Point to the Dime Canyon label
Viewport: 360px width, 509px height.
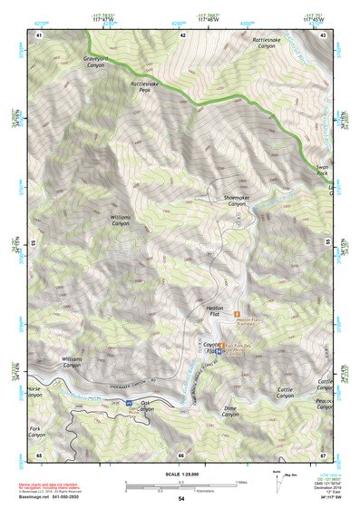pyautogui.click(x=229, y=410)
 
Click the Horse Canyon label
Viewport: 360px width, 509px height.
pyautogui.click(x=34, y=392)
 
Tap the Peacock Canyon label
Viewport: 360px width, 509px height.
pyautogui.click(x=325, y=404)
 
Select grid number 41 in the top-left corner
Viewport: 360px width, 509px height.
pyautogui.click(x=38, y=34)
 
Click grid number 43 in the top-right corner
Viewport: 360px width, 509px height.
pyautogui.click(x=323, y=34)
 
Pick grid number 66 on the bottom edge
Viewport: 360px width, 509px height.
pyautogui.click(x=180, y=455)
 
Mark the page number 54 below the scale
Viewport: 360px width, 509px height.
pyautogui.click(x=180, y=499)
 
